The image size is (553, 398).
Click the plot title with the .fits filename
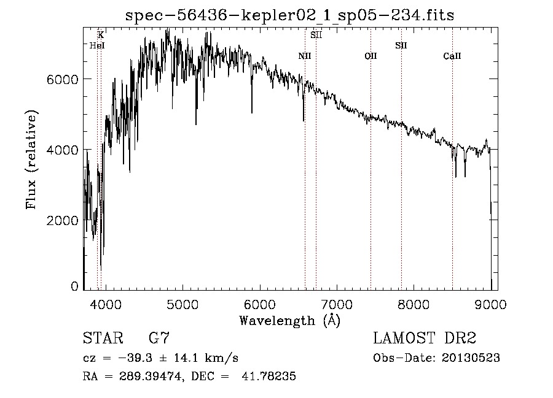coord(289,15)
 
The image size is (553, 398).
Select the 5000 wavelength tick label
coord(182,303)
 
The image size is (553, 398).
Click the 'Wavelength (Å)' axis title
coord(289,320)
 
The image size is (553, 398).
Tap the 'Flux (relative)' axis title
coord(31,159)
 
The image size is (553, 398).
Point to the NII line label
coord(305,56)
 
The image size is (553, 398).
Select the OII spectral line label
coord(371,56)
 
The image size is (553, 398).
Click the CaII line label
coord(452,56)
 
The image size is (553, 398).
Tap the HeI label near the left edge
coord(97,45)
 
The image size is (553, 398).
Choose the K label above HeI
coord(101,35)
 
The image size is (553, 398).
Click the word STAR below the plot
coord(102,339)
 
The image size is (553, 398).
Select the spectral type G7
coord(159,339)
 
